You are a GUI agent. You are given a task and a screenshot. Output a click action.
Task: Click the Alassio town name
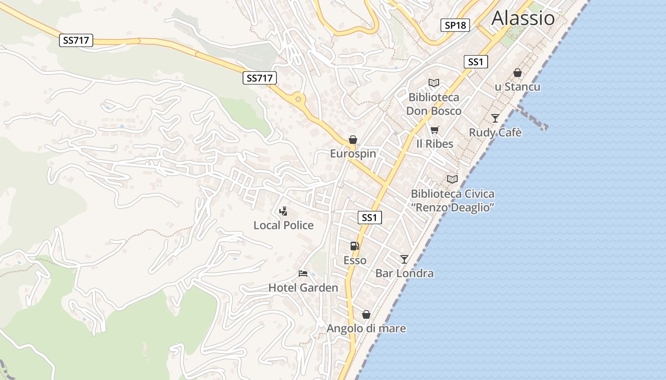tap(523, 18)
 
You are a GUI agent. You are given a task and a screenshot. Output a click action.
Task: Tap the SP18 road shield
tap(455, 25)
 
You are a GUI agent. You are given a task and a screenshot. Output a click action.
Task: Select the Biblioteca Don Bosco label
tap(434, 104)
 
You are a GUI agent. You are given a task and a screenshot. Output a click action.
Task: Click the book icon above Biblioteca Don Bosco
tap(434, 83)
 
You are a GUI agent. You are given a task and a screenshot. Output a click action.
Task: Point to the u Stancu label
tap(518, 87)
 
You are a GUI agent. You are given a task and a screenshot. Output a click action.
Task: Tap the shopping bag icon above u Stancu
tap(518, 73)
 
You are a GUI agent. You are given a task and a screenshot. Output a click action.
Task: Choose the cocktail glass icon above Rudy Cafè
tap(495, 118)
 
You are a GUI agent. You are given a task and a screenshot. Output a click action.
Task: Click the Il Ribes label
tap(435, 143)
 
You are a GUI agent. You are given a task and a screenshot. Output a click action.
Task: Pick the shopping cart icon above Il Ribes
tap(434, 130)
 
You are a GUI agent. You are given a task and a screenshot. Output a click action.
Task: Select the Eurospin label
tap(353, 153)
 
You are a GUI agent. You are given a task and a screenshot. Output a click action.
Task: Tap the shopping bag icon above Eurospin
tap(353, 140)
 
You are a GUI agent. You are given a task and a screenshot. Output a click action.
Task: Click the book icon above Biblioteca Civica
tap(452, 180)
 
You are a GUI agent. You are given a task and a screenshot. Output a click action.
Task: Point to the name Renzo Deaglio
tap(453, 208)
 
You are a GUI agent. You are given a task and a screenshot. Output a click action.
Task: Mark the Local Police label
tap(284, 225)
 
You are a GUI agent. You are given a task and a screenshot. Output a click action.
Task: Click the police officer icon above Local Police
tap(284, 211)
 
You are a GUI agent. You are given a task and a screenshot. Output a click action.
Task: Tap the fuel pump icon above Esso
tap(355, 246)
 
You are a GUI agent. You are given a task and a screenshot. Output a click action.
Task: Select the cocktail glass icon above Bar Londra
tap(404, 259)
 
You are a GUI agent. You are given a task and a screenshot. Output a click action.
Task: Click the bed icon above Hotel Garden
tap(303, 274)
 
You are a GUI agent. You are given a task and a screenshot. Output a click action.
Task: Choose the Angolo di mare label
tap(366, 328)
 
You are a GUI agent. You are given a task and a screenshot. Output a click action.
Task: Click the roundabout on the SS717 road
tap(298, 99)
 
